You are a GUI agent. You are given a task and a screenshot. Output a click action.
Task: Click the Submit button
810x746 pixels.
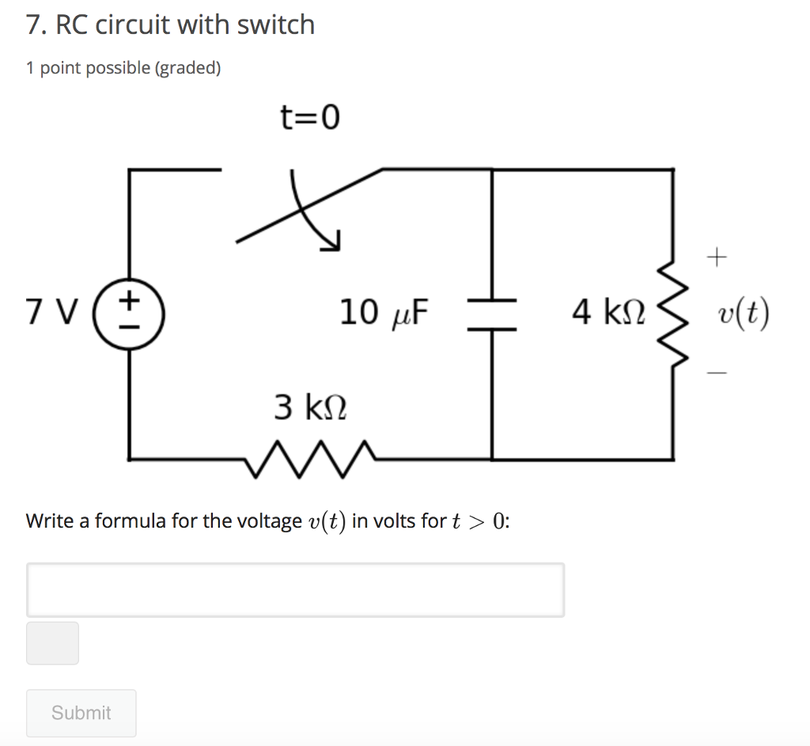click(x=81, y=713)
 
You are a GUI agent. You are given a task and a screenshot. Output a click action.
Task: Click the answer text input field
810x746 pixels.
click(x=295, y=589)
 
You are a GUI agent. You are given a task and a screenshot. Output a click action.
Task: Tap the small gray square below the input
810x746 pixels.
click(x=52, y=643)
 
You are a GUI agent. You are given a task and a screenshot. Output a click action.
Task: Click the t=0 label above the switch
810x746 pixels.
click(x=310, y=118)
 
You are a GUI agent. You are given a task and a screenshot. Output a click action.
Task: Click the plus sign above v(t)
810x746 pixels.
click(x=716, y=256)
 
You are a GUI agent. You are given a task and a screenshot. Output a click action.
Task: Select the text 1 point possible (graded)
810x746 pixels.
click(x=123, y=68)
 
